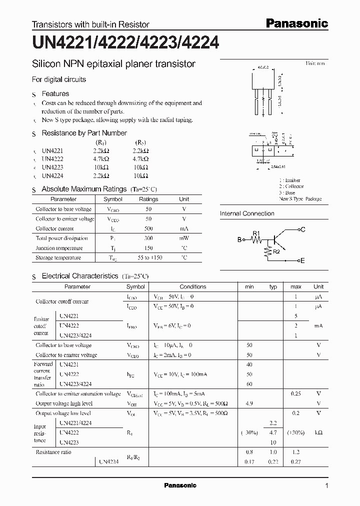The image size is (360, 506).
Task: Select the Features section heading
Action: (55, 93)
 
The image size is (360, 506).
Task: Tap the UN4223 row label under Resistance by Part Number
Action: (52, 167)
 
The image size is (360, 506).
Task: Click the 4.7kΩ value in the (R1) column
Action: (101, 158)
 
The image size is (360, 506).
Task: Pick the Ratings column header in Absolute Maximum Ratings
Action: (148, 199)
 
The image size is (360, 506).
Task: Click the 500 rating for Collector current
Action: (148, 228)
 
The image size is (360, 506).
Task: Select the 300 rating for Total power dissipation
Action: (148, 238)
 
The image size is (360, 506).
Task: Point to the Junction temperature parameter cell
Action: (59, 248)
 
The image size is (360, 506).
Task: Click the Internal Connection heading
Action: (247, 213)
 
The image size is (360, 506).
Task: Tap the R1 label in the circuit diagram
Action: (256, 233)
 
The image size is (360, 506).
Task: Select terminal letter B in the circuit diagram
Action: (239, 240)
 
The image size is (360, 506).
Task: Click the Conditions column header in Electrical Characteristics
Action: (193, 287)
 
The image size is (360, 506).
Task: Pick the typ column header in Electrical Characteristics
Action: (273, 287)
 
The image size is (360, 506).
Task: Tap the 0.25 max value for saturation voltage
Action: (296, 394)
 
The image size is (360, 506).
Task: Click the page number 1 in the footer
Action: (326, 485)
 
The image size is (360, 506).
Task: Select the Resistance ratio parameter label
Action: (53, 452)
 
